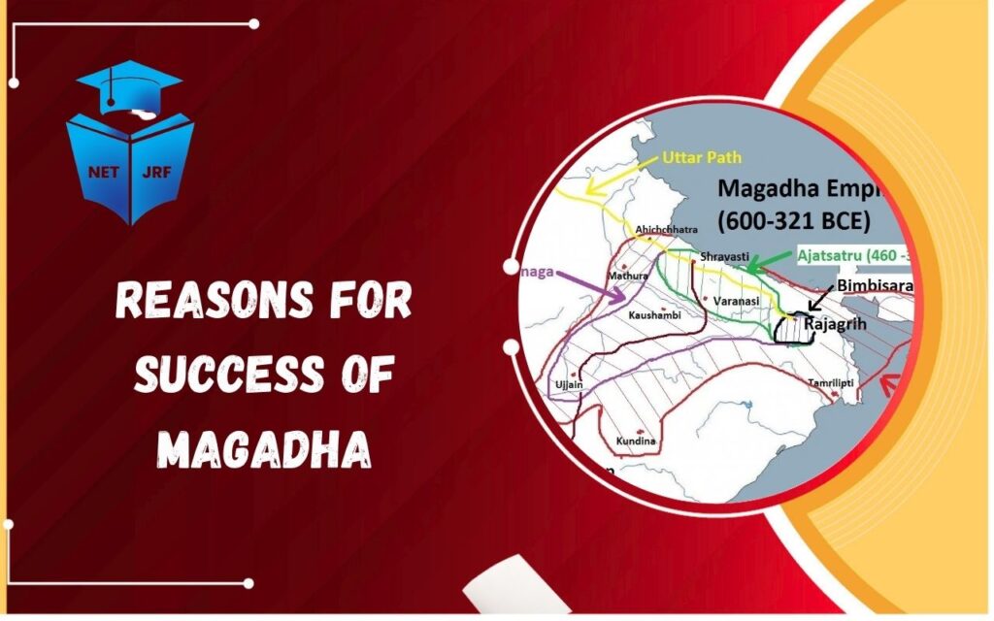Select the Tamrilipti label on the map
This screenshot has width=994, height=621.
click(x=831, y=383)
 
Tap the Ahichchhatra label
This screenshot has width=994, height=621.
click(x=663, y=230)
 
